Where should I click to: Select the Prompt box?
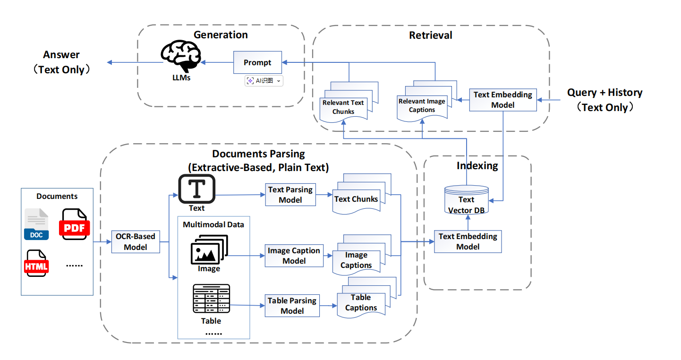click(257, 62)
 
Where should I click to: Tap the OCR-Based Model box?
click(136, 241)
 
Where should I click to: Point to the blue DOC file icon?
click(36, 224)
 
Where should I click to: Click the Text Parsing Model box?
click(290, 195)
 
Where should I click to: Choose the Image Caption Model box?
click(294, 256)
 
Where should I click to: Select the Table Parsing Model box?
click(292, 306)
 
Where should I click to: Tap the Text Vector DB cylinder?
click(467, 200)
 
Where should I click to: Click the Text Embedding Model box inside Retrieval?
click(502, 100)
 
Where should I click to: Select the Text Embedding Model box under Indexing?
click(468, 241)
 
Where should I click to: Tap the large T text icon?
click(196, 189)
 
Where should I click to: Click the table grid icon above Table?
click(211, 299)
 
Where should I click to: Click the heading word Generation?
click(221, 35)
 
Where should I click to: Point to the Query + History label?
click(604, 93)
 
